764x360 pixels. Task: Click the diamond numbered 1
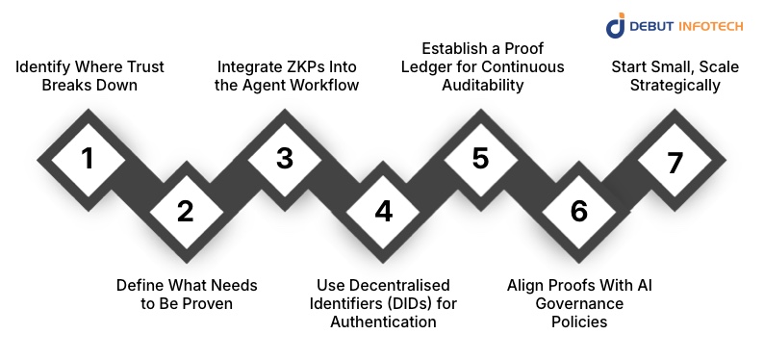(88, 157)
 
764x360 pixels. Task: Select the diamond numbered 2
(185, 211)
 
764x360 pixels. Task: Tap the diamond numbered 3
(284, 157)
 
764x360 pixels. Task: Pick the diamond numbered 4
(383, 211)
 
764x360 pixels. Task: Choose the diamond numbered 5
(480, 157)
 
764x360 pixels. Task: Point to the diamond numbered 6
(578, 211)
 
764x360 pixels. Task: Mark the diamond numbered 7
(675, 161)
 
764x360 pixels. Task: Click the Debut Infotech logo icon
(615, 26)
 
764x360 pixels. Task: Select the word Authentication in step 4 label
(383, 321)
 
